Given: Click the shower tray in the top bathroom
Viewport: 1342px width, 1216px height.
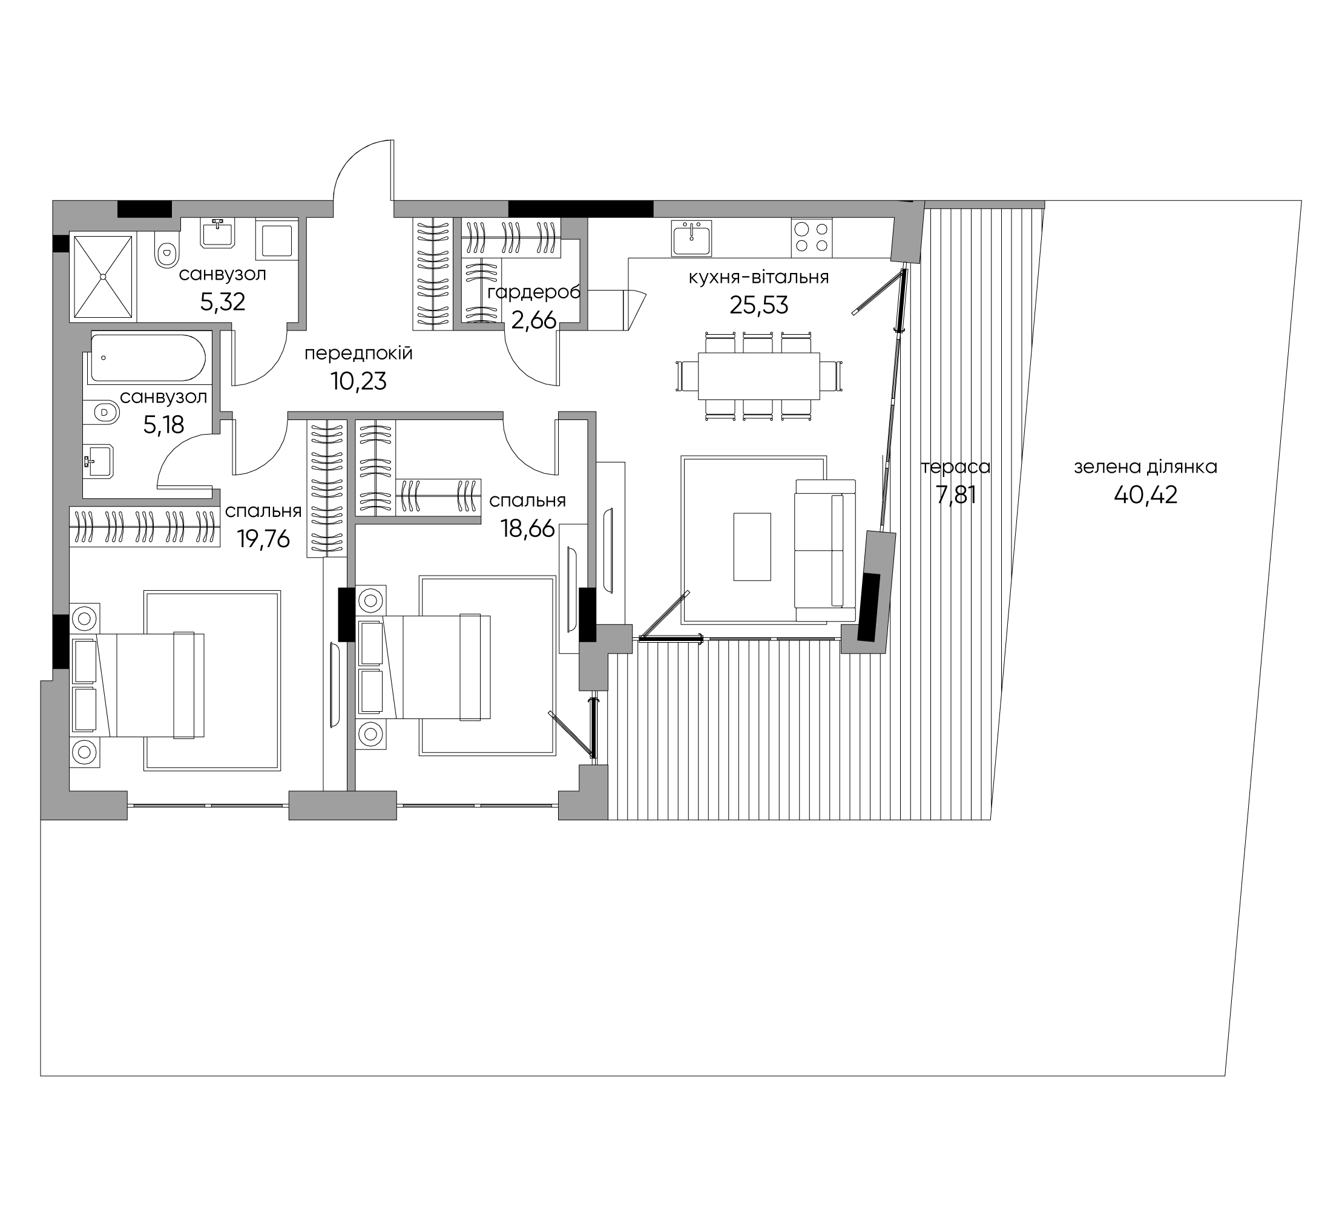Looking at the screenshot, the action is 102,277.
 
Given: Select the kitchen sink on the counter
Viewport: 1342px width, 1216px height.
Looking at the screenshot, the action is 692,238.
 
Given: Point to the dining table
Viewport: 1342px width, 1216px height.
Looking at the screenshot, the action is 759,376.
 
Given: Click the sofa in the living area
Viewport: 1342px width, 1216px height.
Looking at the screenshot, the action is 826,550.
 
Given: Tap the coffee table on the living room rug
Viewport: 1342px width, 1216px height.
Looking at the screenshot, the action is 752,547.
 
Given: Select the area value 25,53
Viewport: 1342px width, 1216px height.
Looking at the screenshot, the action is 759,305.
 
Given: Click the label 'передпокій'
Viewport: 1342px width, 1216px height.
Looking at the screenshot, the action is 358,353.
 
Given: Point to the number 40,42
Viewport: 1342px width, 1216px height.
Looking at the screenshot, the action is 1146,495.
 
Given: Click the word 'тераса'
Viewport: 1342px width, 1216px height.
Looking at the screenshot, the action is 956,467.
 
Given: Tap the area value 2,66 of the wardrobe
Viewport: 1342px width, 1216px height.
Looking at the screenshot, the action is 533,320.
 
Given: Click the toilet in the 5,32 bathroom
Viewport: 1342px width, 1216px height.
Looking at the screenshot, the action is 166,250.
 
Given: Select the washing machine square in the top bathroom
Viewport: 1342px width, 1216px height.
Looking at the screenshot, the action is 276,240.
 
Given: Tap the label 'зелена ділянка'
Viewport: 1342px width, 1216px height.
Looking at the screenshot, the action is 1146,467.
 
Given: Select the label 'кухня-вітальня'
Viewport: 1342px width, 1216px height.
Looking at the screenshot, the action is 759,277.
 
